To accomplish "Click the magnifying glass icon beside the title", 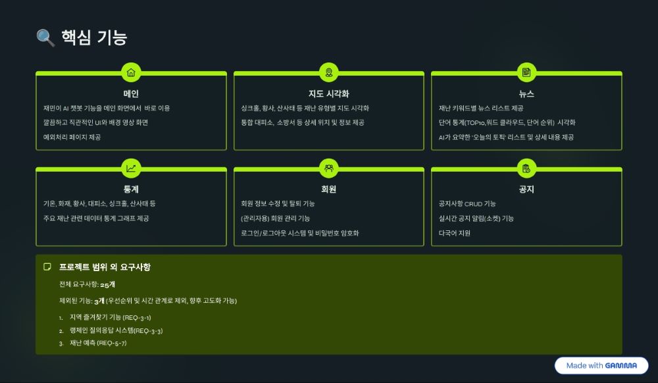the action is [x=45, y=38].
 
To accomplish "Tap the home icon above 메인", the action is [x=131, y=72].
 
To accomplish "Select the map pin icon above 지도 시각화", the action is [x=329, y=72].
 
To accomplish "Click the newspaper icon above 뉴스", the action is [x=526, y=72].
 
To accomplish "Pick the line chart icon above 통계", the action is [x=131, y=168].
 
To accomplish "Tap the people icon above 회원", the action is [x=329, y=168].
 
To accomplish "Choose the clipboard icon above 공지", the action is [x=526, y=168].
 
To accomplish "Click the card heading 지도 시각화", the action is [x=329, y=93].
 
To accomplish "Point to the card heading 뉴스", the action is [x=526, y=94].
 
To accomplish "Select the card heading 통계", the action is [x=131, y=189].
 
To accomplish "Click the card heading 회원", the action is [x=328, y=189].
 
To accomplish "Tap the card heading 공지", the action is [x=526, y=189].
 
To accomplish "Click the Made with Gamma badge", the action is [x=601, y=365].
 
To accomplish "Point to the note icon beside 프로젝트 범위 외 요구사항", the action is [x=47, y=267].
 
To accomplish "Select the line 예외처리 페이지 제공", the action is [x=72, y=137].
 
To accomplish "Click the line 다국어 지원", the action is [x=455, y=233].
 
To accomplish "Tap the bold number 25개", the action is [x=108, y=284].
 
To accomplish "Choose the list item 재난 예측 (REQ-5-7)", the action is [x=98, y=343].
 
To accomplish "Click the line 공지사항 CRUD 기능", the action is [x=467, y=203].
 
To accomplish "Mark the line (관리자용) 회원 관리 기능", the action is [x=275, y=218].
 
